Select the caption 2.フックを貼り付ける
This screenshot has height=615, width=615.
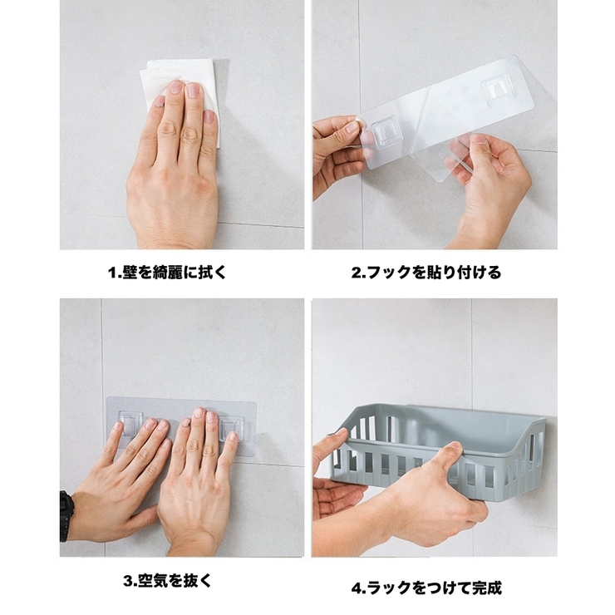(x=426, y=272)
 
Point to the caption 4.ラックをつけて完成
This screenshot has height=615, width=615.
(x=426, y=588)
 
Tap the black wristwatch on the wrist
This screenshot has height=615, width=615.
(x=66, y=515)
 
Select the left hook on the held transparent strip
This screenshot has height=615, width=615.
(x=383, y=133)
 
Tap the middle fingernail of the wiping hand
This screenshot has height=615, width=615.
(x=194, y=91)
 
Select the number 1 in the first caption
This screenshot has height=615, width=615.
(x=111, y=273)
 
